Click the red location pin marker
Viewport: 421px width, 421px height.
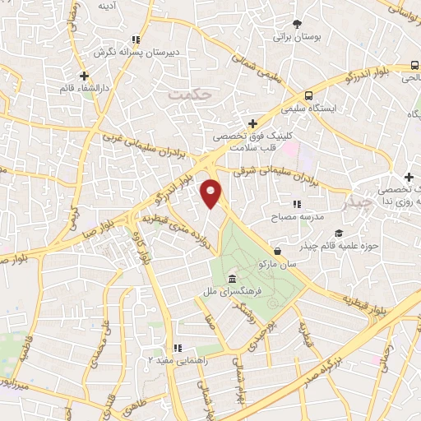(x=211, y=193)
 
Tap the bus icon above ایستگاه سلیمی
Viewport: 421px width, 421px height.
(x=308, y=95)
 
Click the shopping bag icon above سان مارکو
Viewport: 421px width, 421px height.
(x=279, y=251)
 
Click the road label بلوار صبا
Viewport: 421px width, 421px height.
(x=98, y=229)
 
